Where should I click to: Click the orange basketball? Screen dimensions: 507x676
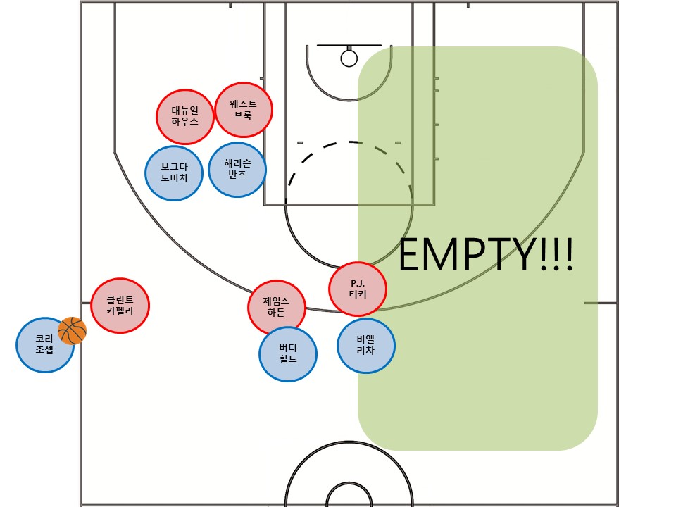72,330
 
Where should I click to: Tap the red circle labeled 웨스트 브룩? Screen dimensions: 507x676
244,110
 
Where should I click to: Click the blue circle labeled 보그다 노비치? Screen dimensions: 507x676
174,173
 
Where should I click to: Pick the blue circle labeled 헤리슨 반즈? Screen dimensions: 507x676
237,169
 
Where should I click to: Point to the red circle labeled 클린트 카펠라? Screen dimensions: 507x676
120,306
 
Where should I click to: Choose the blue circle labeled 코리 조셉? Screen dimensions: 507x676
44,344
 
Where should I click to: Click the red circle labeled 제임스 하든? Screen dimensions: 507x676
277,306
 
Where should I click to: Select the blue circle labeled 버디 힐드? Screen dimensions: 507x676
288,353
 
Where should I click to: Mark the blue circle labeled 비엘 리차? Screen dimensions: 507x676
366,346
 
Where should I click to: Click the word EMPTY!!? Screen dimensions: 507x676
486,256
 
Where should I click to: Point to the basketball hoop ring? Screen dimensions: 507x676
349,58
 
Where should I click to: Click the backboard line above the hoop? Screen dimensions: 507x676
348,45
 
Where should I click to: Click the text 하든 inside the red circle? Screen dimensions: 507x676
277,313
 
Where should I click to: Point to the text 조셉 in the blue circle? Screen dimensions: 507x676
44,351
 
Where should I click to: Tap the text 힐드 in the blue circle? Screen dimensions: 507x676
288,359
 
